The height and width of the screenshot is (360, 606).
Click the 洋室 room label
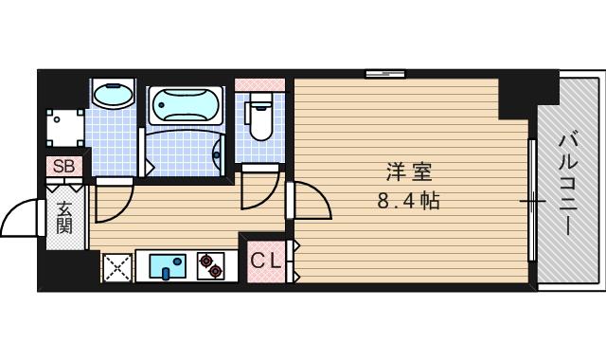(x=409, y=173)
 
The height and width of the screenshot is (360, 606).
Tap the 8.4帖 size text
(x=409, y=201)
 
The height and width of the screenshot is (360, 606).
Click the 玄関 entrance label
(x=64, y=218)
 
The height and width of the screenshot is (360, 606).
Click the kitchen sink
(x=169, y=266)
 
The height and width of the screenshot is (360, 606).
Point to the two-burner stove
(x=211, y=266)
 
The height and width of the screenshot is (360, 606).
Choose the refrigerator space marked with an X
(x=116, y=267)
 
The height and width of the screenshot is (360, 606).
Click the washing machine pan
(x=67, y=125)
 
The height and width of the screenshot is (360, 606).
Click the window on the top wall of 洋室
(x=385, y=73)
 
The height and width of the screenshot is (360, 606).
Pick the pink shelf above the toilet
(x=258, y=84)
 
